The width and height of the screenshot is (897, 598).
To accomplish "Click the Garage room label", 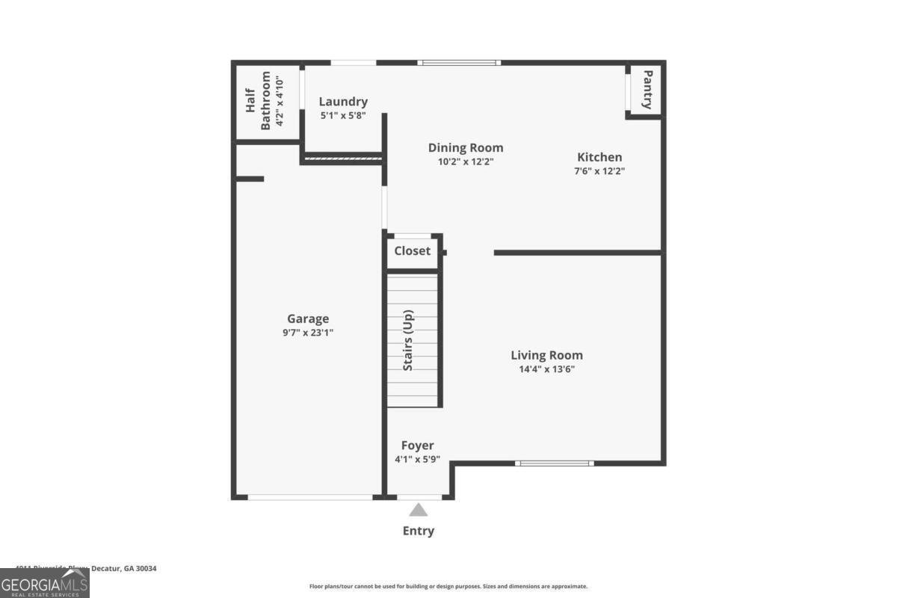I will coord(308,319).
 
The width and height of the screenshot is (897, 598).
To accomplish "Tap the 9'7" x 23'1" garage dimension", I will coord(308,333).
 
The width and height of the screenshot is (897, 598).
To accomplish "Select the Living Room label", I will coord(546,356).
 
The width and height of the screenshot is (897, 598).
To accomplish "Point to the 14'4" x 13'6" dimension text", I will coord(546,369).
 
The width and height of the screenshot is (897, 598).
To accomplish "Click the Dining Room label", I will coord(465,148).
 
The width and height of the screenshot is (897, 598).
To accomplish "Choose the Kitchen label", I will coord(599,158).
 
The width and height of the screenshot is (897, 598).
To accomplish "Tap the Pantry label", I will coord(647,90).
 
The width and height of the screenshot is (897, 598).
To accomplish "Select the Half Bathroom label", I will coord(258,101).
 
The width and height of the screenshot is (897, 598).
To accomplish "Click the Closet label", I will coord(413,251).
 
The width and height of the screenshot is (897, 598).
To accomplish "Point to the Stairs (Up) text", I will coord(409,340).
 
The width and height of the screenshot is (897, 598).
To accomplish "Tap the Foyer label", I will coord(417,446).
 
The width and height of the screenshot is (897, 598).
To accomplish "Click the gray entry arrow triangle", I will coord(419,510).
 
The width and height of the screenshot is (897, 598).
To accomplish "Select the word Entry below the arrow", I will coord(419,531).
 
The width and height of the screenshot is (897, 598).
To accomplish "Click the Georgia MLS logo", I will coord(45,583).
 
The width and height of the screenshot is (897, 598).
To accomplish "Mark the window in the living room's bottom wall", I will coord(555,463).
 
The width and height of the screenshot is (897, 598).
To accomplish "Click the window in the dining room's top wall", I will coord(459,63).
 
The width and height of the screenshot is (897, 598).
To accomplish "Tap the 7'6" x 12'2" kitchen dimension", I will coord(599,171).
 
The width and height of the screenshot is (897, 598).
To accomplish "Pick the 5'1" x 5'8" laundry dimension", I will coord(343,116).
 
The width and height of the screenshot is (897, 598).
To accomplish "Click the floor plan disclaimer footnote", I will coord(449,587).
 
